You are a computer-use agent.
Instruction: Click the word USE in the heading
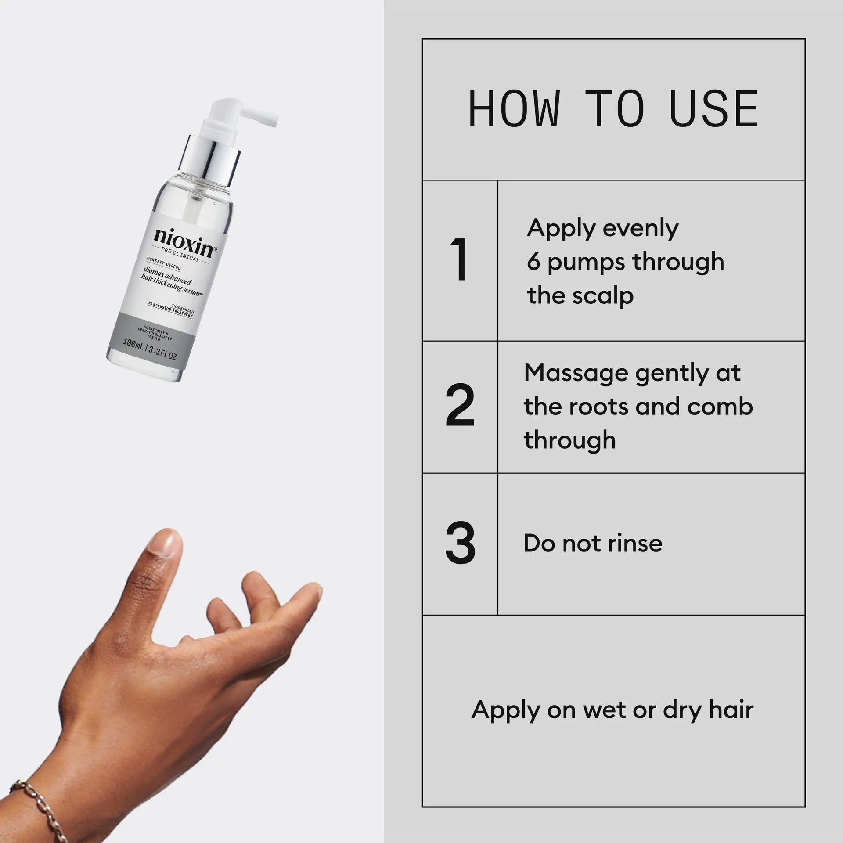click(x=714, y=109)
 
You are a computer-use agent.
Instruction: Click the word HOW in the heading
click(x=515, y=109)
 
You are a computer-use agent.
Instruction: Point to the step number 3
click(x=460, y=544)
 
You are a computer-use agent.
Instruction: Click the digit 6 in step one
click(x=533, y=262)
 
